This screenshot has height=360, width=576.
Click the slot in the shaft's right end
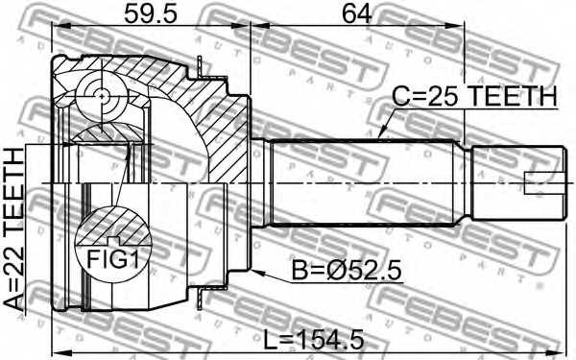(x=542, y=180)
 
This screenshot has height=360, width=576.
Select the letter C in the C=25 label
(x=401, y=97)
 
